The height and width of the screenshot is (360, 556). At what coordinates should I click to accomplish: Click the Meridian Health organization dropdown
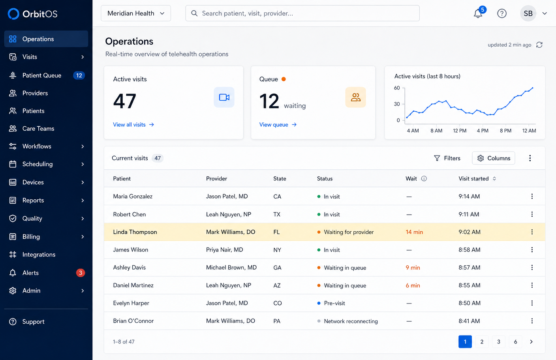click(136, 13)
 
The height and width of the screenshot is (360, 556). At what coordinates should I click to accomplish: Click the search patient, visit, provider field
click(302, 13)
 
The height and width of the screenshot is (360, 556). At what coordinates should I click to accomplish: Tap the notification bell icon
click(478, 13)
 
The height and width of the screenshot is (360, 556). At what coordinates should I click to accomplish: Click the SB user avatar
click(528, 13)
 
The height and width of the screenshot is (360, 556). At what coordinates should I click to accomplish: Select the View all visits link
click(133, 125)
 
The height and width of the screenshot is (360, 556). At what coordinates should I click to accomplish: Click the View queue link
click(278, 125)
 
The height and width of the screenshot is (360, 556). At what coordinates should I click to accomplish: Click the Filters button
click(447, 158)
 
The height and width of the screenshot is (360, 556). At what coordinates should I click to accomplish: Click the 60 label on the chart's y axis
click(397, 88)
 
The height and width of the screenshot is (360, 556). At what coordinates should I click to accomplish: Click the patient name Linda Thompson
click(135, 232)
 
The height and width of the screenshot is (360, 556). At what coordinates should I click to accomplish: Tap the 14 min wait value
click(414, 232)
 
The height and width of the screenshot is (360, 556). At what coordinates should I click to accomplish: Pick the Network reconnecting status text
click(351, 321)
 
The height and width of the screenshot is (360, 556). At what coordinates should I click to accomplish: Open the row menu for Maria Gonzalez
click(532, 196)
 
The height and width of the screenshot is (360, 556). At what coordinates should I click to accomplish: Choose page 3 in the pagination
click(498, 341)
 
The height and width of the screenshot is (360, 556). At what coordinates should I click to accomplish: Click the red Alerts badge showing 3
click(80, 273)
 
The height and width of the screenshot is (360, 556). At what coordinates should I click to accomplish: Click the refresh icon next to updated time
click(539, 45)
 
